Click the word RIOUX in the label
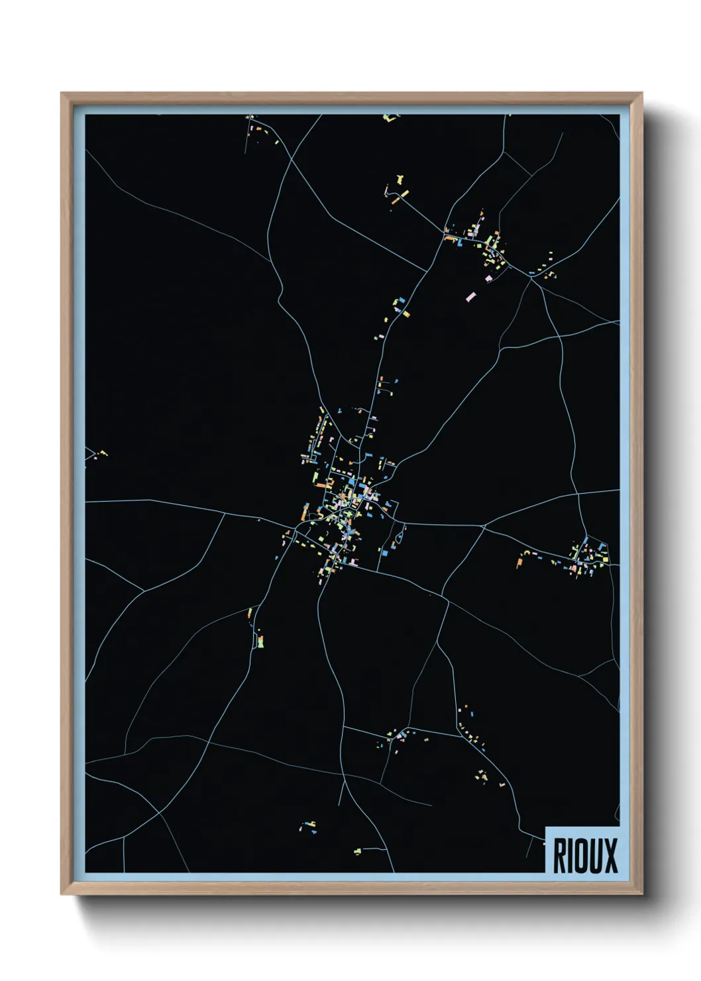click(584, 856)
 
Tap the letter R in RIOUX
click(560, 856)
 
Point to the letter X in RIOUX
click(610, 856)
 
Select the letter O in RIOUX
click(581, 856)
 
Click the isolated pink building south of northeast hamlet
click(471, 297)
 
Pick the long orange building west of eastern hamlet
click(519, 563)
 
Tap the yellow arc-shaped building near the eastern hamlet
click(526, 552)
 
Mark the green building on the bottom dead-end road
click(357, 850)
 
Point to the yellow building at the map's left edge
click(103, 453)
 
